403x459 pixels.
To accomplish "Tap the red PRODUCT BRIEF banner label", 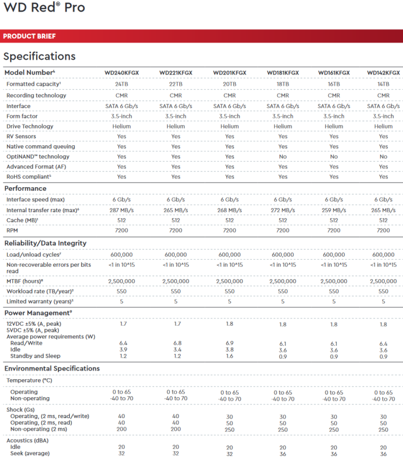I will tap(29, 36).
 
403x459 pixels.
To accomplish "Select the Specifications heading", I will tap(39, 56).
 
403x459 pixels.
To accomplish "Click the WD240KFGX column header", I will tap(122, 72).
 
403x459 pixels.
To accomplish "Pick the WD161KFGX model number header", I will tap(334, 72).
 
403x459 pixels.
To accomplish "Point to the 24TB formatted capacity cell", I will tap(122, 84).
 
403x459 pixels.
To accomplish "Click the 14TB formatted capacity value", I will tap(384, 84).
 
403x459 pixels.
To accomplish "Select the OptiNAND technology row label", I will tap(38, 156).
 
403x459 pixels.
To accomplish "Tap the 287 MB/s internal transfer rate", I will tap(122, 210).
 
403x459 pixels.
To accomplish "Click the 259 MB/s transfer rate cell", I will tap(334, 210).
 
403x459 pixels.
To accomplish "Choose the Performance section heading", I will tap(25, 188).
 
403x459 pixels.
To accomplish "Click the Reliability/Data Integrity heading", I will tap(46, 243).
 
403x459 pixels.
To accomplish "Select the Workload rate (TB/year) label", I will tap(40, 291).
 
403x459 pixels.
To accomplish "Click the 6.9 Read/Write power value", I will tap(229, 343).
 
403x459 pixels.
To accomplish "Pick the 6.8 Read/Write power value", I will tap(176, 343).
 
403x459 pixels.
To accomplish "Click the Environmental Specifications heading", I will tap(52, 369).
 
